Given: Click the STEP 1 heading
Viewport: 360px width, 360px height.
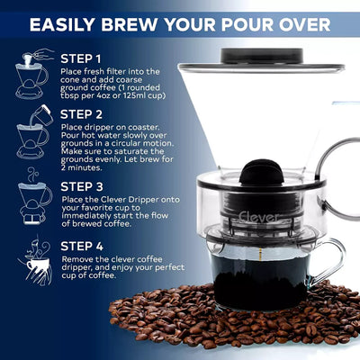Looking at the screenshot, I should click(88, 58).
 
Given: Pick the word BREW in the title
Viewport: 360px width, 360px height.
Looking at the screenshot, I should click(139, 23).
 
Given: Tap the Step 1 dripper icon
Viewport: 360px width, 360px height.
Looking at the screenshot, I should click(32, 74).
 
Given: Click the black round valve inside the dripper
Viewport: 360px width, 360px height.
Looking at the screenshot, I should click(258, 175).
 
